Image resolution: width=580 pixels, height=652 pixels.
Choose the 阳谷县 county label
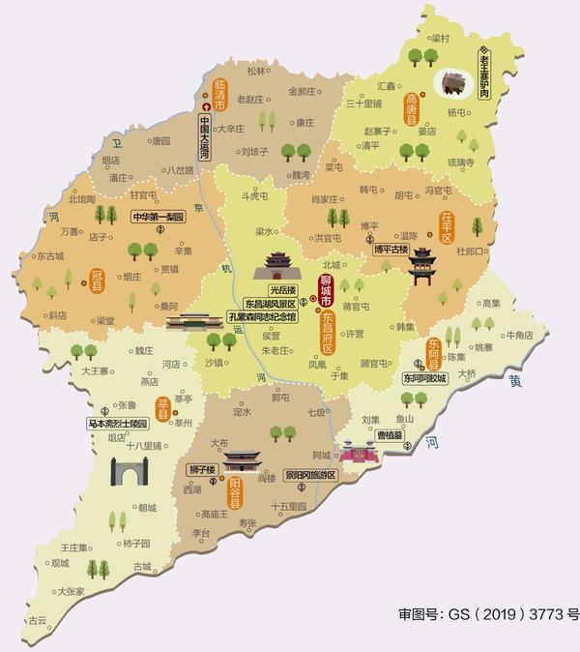(234, 493)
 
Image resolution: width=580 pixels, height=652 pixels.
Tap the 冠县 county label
(96, 280)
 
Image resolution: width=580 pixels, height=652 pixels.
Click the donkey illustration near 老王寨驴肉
(451, 83)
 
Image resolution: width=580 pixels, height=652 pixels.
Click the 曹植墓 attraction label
(389, 435)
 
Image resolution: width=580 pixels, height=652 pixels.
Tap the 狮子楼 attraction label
(200, 469)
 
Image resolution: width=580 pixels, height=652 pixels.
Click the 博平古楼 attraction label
(391, 249)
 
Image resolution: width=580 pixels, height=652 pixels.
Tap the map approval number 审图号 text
(488, 613)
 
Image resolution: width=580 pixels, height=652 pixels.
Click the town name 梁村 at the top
(441, 39)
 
